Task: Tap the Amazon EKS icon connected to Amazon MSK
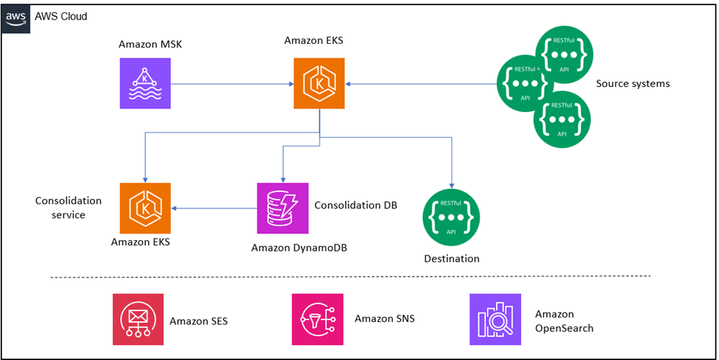point(319,83)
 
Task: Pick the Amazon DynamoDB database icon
point(283,208)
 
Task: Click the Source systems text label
point(633,83)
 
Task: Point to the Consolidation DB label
point(356,205)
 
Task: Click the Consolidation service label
point(68,208)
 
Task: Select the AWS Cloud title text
point(66,16)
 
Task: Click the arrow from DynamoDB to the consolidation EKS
point(216,208)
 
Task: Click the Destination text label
point(452,259)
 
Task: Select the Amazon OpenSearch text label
point(564,321)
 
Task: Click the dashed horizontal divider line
point(350,276)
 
